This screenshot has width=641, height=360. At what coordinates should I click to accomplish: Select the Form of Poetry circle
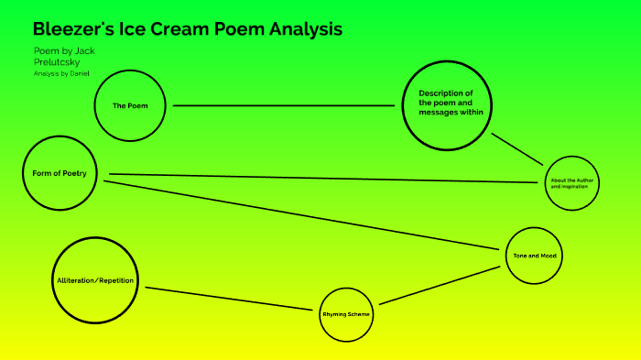59,173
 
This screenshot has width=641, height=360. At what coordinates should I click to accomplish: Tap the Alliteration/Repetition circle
96,278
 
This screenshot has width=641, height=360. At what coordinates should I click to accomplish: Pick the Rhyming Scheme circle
347,314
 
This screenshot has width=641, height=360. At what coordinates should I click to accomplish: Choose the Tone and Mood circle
534,256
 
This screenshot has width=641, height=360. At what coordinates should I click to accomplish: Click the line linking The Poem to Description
284,105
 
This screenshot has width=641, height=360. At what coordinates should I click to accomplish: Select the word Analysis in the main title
306,29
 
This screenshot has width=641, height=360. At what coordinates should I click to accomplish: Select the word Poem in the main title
241,29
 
